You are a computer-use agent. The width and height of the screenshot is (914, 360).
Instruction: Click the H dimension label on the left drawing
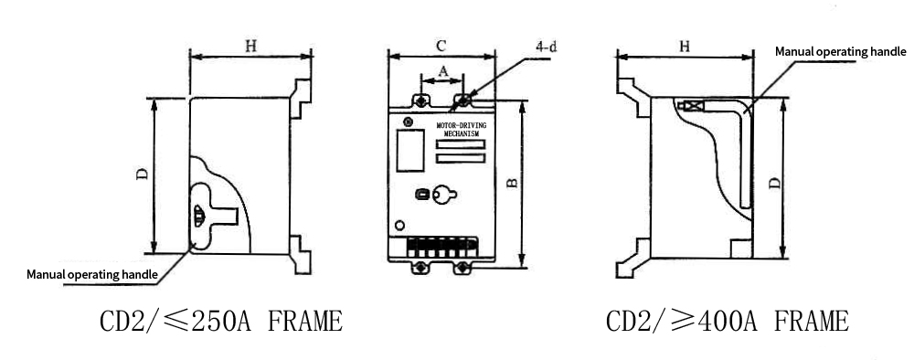(250, 46)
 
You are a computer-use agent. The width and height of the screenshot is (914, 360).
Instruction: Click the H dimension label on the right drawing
(685, 46)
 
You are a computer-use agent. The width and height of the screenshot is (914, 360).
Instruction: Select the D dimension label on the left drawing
(143, 174)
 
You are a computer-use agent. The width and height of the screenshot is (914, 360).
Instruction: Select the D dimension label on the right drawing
(774, 183)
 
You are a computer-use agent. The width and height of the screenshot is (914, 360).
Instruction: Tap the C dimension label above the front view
(441, 46)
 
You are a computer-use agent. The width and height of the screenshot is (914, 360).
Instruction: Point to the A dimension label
(443, 71)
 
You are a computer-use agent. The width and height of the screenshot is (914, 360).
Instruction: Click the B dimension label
(512, 183)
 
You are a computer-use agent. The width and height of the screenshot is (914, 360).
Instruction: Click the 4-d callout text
(546, 47)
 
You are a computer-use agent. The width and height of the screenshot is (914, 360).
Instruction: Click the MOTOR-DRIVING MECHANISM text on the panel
(461, 130)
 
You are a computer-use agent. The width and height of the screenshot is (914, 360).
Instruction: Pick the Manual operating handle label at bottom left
(92, 274)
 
